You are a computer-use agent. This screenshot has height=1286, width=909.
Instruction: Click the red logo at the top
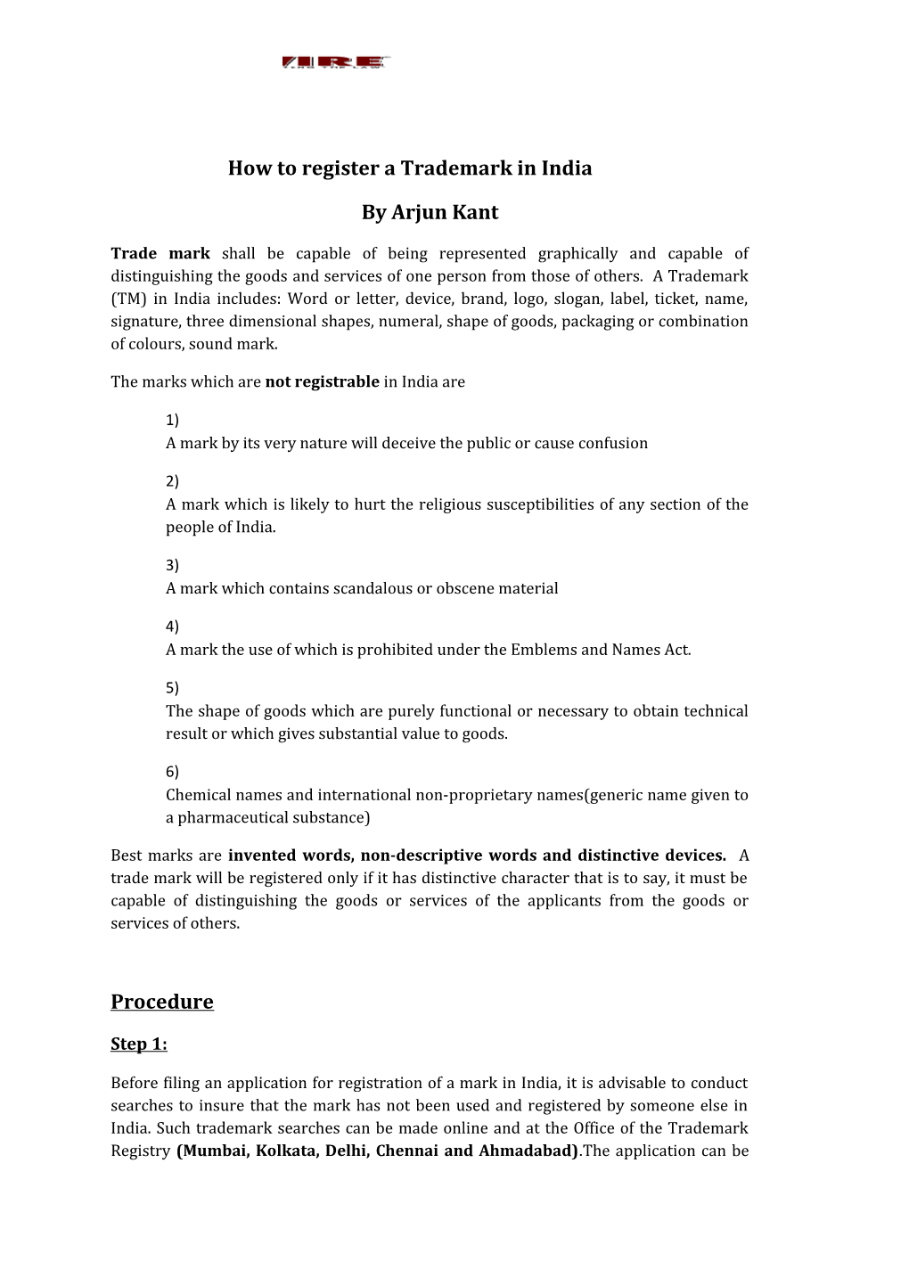coord(336,62)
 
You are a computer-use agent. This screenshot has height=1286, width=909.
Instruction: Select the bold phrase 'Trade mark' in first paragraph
coord(160,254)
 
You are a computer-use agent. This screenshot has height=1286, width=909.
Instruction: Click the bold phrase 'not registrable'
coord(323,382)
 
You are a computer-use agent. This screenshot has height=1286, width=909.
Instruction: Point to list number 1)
coord(172,420)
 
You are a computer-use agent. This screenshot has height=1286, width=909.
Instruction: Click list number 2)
coord(172,481)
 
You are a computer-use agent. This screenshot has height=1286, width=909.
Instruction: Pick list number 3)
coord(172,565)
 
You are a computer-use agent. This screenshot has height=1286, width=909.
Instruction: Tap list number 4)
coord(172,627)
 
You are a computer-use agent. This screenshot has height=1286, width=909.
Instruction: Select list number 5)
coord(172,688)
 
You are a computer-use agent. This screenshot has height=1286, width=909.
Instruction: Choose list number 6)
coord(172,772)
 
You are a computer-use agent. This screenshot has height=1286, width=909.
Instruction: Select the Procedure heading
coord(162,1003)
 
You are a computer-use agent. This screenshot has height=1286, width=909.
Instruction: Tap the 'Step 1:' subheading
coord(139,1044)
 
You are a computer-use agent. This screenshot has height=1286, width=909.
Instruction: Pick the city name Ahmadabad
coord(526,1151)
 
